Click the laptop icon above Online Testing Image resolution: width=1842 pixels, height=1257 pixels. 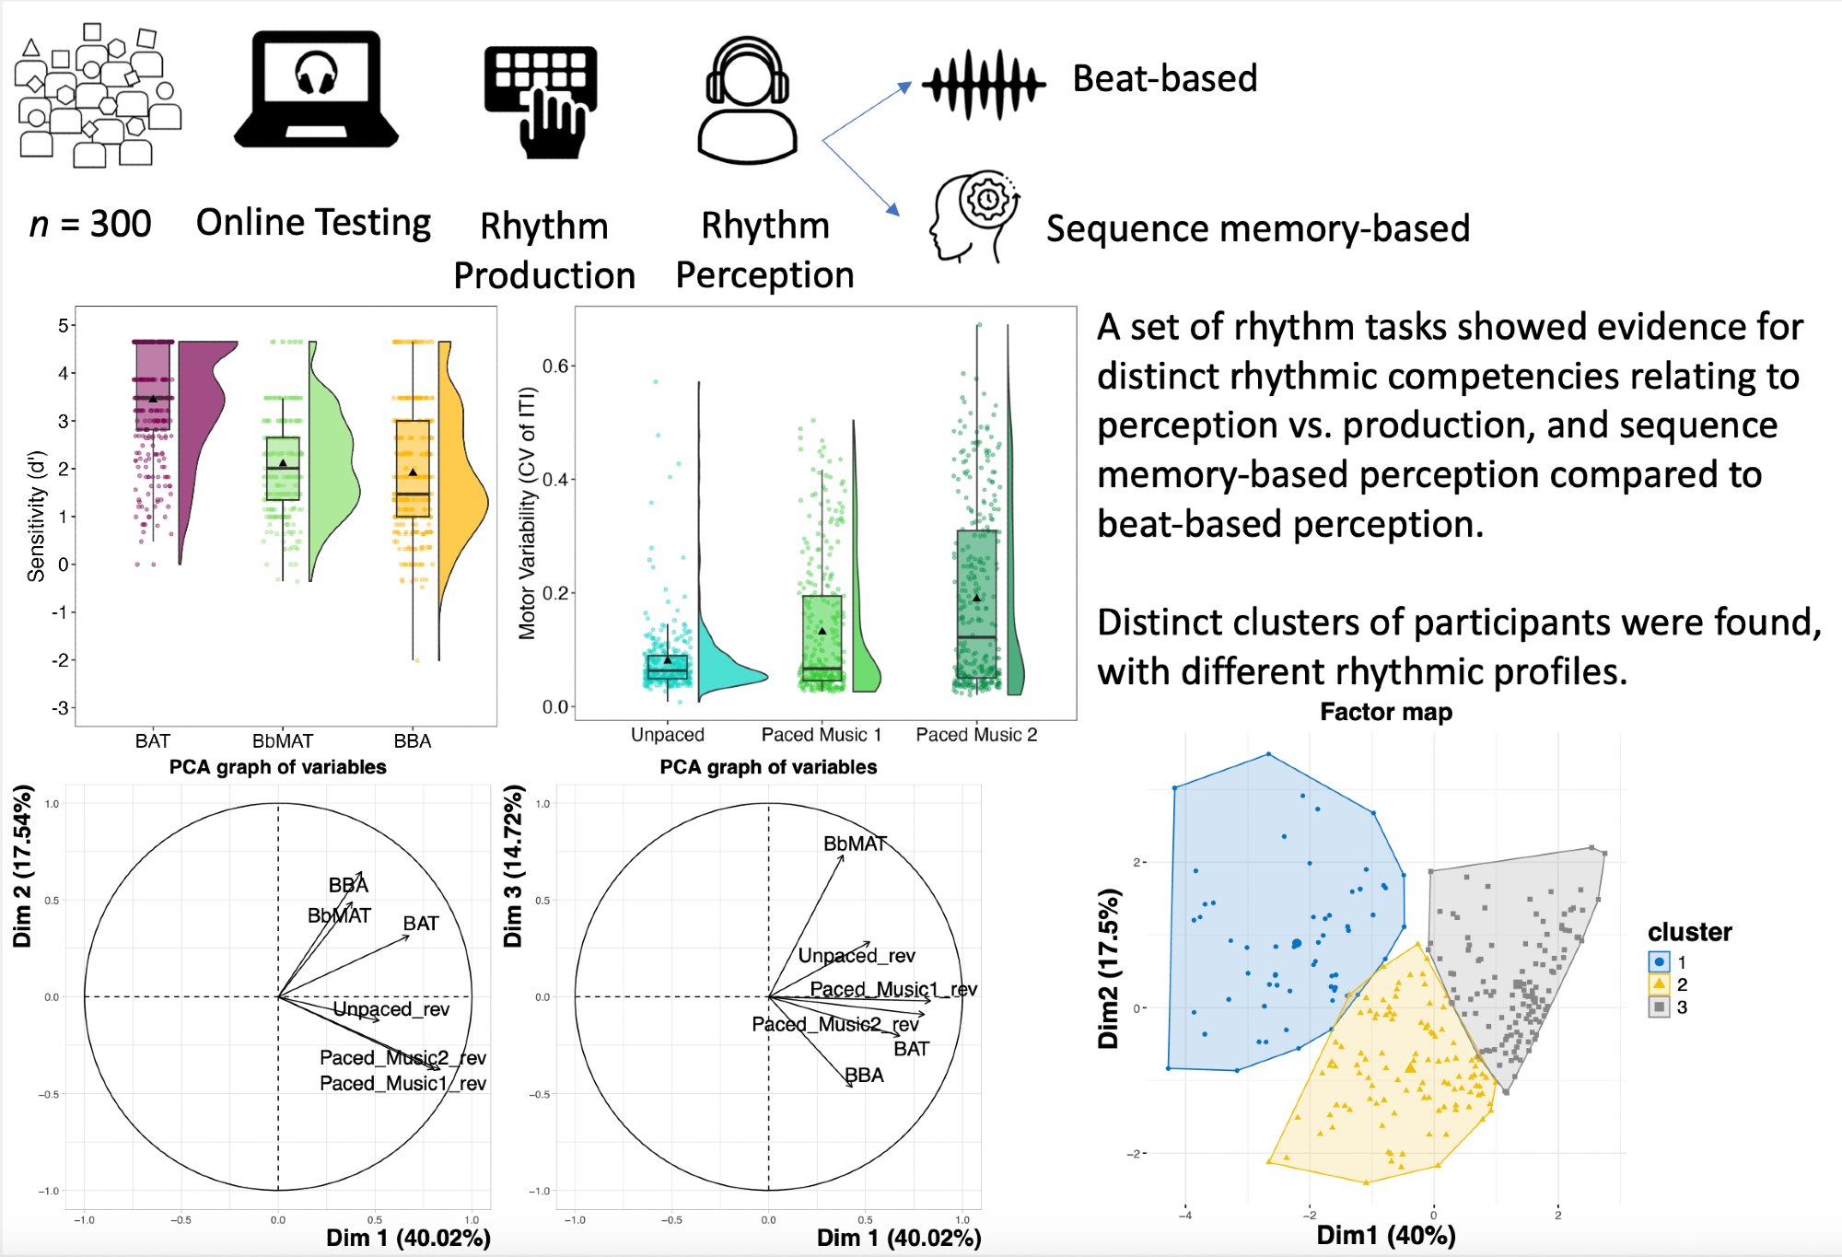pyautogui.click(x=316, y=89)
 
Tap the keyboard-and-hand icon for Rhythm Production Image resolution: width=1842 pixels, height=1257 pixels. pyautogui.click(x=542, y=101)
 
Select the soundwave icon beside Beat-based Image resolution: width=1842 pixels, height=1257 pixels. pyautogui.click(x=984, y=85)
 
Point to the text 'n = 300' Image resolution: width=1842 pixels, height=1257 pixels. pyautogui.click(x=90, y=224)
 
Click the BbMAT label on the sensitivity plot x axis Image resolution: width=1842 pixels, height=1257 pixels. pyautogui.click(x=283, y=741)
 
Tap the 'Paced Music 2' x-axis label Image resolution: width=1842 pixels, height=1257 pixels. pyautogui.click(x=976, y=735)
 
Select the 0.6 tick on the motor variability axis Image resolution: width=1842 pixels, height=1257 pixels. pyautogui.click(x=555, y=367)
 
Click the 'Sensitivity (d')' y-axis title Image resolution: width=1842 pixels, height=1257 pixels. pyautogui.click(x=36, y=516)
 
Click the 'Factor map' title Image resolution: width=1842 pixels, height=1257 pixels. pyautogui.click(x=1385, y=712)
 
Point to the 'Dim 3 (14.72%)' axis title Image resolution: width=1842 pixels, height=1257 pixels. pyautogui.click(x=513, y=866)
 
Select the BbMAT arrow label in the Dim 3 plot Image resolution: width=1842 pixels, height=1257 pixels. pyautogui.click(x=855, y=844)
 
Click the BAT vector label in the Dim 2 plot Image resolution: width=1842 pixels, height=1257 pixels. pyautogui.click(x=421, y=924)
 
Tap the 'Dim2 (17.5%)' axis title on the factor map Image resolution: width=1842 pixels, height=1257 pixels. pyautogui.click(x=1109, y=969)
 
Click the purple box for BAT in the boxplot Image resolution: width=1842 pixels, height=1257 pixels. pyautogui.click(x=153, y=385)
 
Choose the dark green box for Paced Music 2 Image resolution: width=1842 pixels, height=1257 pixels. pyautogui.click(x=976, y=603)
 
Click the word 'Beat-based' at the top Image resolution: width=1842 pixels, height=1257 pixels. pyautogui.click(x=1165, y=79)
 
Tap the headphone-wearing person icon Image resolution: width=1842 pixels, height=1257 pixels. pyautogui.click(x=747, y=101)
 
